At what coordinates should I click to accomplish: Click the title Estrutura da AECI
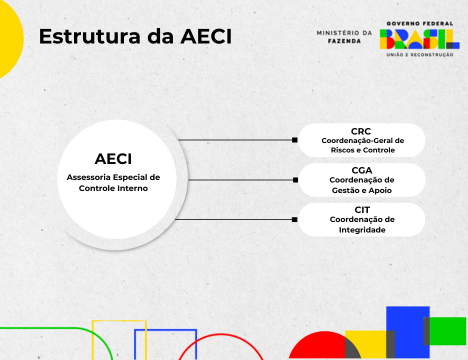[x=135, y=37]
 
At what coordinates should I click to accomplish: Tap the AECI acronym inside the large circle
[x=113, y=158]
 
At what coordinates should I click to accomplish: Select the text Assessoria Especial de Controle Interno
[x=113, y=182]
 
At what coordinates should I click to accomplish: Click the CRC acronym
[x=361, y=131]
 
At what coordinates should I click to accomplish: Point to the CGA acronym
[x=361, y=170]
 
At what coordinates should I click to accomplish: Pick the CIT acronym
[x=361, y=209]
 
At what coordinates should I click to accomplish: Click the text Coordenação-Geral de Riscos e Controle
[x=361, y=145]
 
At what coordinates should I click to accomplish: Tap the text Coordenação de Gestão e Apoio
[x=361, y=184]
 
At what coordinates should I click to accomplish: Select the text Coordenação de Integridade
[x=361, y=224]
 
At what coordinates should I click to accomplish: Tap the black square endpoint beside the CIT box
[x=295, y=219]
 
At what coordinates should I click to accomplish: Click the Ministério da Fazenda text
[x=344, y=36]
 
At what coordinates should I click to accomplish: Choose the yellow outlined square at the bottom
[x=119, y=340]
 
